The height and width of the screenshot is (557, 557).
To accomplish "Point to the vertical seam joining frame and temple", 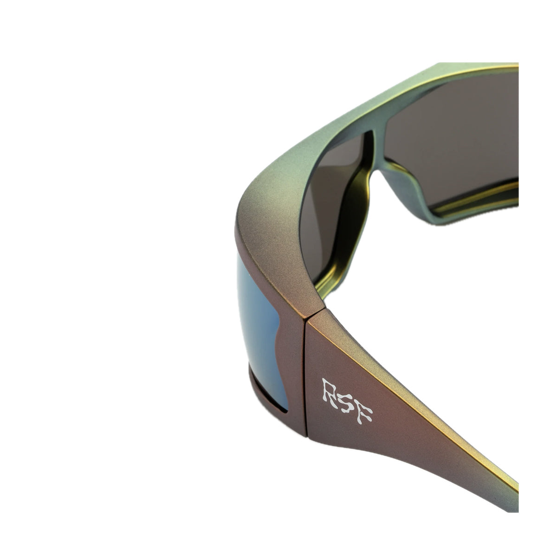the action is (x=305, y=376).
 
